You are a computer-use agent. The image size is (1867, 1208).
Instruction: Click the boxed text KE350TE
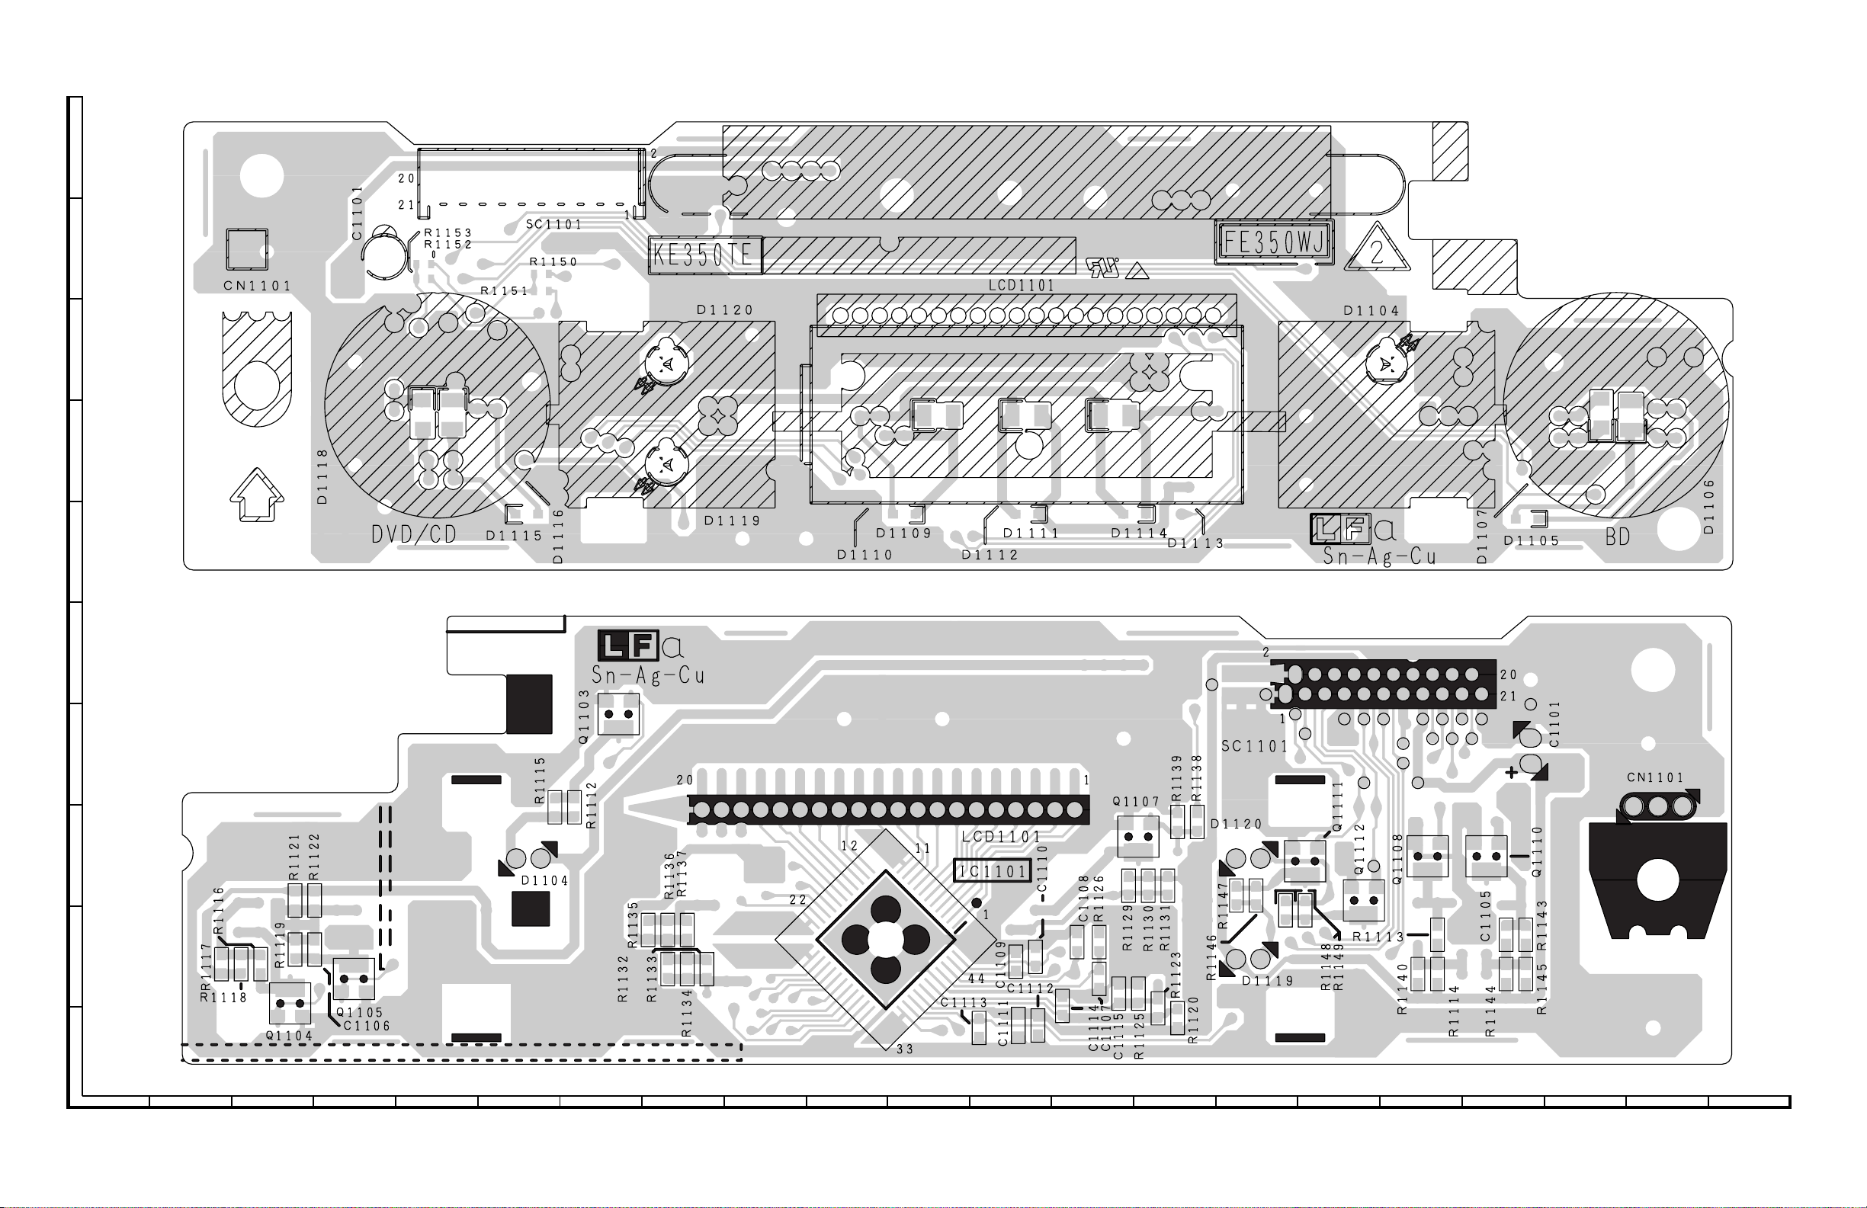703,255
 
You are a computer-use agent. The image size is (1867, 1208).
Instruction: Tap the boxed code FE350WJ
1274,243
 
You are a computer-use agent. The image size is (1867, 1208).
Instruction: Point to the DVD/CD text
413,534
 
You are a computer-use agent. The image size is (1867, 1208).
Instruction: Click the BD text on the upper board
1618,537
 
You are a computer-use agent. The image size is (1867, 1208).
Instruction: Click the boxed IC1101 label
992,870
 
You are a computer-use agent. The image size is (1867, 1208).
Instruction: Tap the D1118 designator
322,476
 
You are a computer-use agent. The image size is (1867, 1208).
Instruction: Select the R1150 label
553,262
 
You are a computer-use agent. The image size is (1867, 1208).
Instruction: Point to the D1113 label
1195,543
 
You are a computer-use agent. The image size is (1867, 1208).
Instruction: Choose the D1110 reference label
865,555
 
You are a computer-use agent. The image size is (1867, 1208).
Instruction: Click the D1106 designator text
1709,507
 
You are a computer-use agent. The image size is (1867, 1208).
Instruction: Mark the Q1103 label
584,716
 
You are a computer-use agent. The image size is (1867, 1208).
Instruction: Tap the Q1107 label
1136,802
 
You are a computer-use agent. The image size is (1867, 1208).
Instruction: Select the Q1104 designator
289,1036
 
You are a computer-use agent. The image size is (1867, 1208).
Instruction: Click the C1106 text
367,1025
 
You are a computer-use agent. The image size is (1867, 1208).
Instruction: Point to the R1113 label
1378,936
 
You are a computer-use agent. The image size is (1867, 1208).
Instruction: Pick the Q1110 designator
1537,851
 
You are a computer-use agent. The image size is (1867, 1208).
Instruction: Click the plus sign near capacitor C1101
1512,773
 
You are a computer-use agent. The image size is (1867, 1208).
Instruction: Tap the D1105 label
1532,540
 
